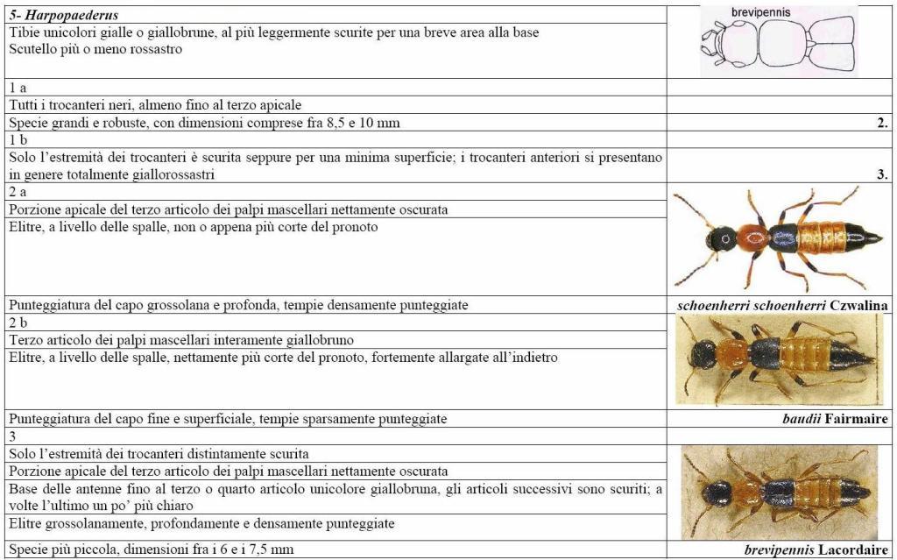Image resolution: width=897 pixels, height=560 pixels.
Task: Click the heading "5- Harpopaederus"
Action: click(x=64, y=16)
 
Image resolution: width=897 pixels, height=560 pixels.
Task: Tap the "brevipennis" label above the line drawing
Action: click(x=760, y=12)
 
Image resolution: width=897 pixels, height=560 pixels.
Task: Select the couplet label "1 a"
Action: click(x=18, y=89)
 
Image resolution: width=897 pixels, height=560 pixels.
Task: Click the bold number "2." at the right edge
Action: click(x=882, y=123)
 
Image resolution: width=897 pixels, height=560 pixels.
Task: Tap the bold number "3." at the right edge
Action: click(x=882, y=174)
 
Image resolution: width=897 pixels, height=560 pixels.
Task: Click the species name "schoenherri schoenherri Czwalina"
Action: click(x=783, y=305)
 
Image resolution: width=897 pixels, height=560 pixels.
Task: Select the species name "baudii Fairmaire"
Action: click(x=835, y=419)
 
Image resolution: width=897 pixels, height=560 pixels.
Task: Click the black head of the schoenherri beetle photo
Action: click(x=723, y=237)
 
